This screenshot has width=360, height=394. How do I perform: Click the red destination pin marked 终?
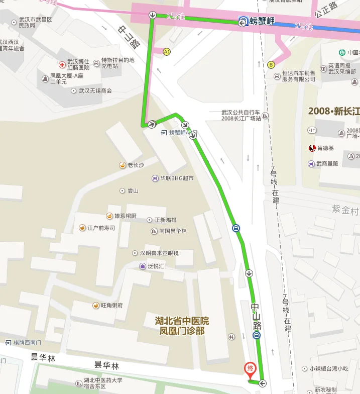(249, 369)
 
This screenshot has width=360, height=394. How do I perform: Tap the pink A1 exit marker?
(167, 51)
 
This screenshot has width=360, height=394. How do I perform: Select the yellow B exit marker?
(271, 64)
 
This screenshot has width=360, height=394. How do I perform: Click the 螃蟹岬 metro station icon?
(243, 21)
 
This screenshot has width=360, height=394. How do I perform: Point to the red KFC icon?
(312, 148)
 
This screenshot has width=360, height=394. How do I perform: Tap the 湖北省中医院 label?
(182, 321)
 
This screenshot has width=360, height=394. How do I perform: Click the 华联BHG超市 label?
(177, 178)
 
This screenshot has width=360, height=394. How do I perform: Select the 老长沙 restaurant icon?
(122, 165)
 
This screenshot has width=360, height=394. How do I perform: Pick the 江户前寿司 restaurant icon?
(82, 228)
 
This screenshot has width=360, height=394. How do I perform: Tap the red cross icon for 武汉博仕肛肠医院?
(62, 65)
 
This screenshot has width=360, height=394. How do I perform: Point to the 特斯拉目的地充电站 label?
(117, 63)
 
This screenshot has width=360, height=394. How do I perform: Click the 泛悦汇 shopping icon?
(143, 266)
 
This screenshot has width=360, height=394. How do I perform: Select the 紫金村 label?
(345, 209)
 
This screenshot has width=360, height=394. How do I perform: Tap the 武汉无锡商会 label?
(95, 91)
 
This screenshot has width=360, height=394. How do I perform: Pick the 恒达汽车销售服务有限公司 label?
(299, 76)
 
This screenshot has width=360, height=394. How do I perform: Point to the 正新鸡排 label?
(167, 220)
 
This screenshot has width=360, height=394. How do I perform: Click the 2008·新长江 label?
(333, 111)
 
